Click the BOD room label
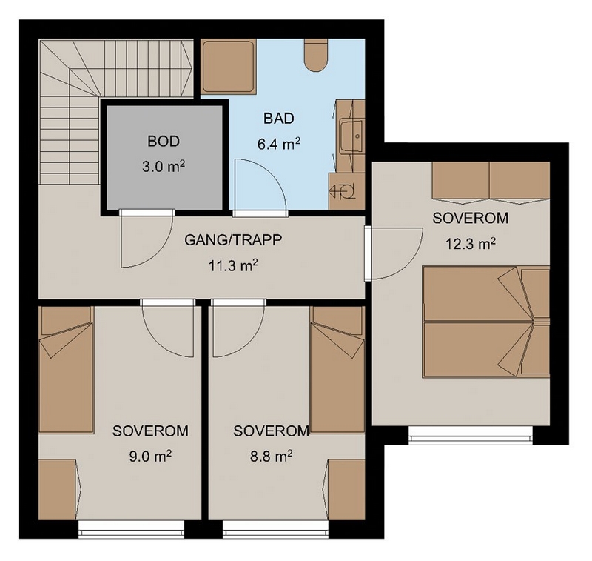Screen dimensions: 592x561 click(x=164, y=142)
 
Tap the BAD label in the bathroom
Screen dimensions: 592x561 click(x=279, y=119)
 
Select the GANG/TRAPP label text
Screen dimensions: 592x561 click(x=233, y=240)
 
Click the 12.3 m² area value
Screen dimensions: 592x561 click(x=471, y=244)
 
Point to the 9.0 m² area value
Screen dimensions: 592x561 click(x=150, y=457)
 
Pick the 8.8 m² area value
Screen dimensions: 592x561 click(x=271, y=457)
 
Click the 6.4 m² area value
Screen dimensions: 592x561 click(x=279, y=144)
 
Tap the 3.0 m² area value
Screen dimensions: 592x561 click(x=164, y=166)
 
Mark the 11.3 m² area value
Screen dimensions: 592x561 click(x=233, y=266)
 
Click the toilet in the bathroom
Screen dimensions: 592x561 click(x=316, y=55)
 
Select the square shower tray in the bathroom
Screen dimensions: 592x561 click(x=229, y=67)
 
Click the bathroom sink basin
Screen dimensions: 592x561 click(x=351, y=136)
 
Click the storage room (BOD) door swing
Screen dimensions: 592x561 click(x=147, y=239)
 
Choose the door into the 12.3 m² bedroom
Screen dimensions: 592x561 click(x=397, y=253)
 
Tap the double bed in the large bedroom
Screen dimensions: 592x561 click(x=486, y=322)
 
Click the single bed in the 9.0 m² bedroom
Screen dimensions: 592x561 click(x=66, y=369)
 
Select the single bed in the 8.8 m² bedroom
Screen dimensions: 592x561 click(x=337, y=369)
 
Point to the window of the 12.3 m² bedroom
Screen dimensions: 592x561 click(x=471, y=435)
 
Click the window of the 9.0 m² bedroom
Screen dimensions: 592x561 click(x=132, y=529)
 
